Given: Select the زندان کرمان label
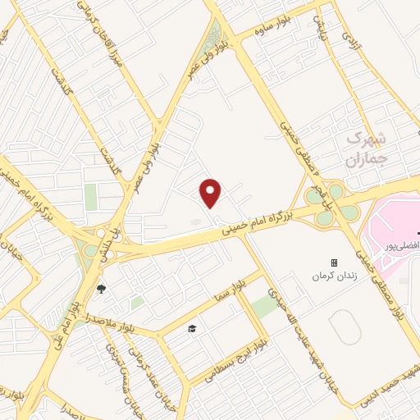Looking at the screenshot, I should tap(334, 276).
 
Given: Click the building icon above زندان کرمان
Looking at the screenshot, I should tap(334, 262).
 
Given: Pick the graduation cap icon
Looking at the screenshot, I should tap(191, 328).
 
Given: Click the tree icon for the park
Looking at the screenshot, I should tap(101, 288).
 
